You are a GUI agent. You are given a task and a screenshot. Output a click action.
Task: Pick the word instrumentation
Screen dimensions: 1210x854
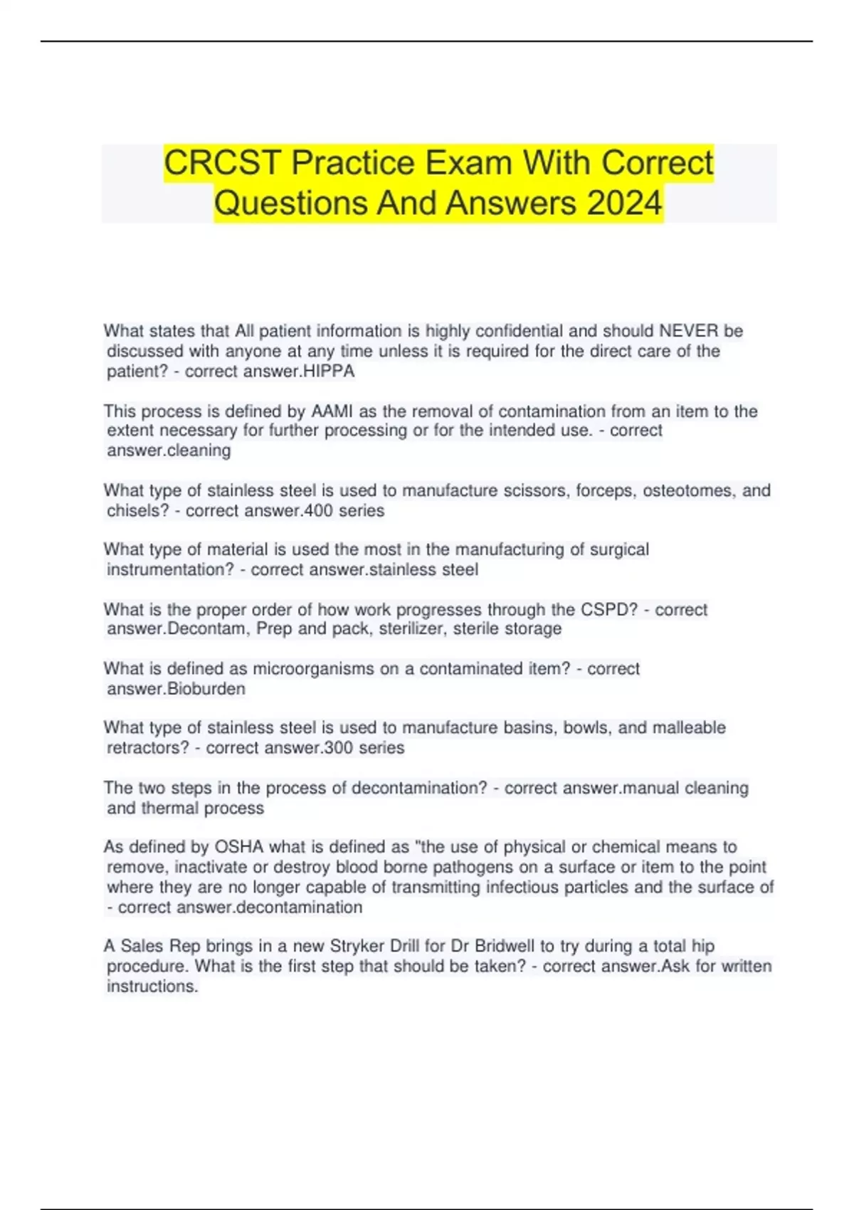(167, 570)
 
